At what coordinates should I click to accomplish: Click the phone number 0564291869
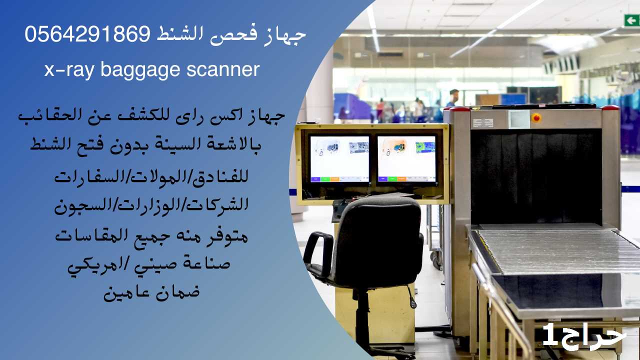pyautogui.click(x=87, y=33)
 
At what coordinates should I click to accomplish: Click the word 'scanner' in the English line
pyautogui.click(x=223, y=69)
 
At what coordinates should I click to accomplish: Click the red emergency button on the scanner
pyautogui.click(x=536, y=117)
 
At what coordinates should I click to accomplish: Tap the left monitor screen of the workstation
pyautogui.click(x=339, y=159)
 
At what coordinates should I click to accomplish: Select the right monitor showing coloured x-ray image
pyautogui.click(x=407, y=159)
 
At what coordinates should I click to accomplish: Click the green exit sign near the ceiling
pyautogui.click(x=631, y=20)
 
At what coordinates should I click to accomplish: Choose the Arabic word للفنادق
pyautogui.click(x=219, y=176)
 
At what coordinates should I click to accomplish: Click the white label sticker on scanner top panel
pyautogui.click(x=483, y=123)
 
